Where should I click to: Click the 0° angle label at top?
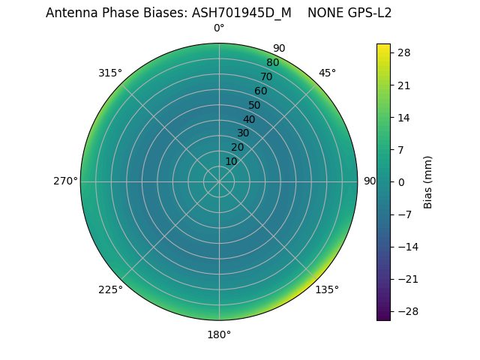[219, 28]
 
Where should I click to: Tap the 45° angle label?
[327, 73]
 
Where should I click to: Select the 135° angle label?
[327, 289]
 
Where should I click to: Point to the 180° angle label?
[219, 334]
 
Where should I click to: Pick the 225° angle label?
[110, 289]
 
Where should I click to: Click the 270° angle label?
[65, 181]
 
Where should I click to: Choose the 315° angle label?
[110, 73]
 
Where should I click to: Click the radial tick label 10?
[231, 161]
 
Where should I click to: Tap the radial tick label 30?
[243, 133]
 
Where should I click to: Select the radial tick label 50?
[255, 105]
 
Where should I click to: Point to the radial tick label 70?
[266, 76]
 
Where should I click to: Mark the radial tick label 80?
[272, 62]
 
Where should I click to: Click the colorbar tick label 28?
[404, 52]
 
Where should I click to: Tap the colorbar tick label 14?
[404, 117]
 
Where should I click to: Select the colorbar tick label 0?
[401, 181]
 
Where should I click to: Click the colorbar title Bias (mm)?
[428, 181]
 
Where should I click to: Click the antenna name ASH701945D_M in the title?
[241, 13]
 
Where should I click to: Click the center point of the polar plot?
[219, 181]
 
